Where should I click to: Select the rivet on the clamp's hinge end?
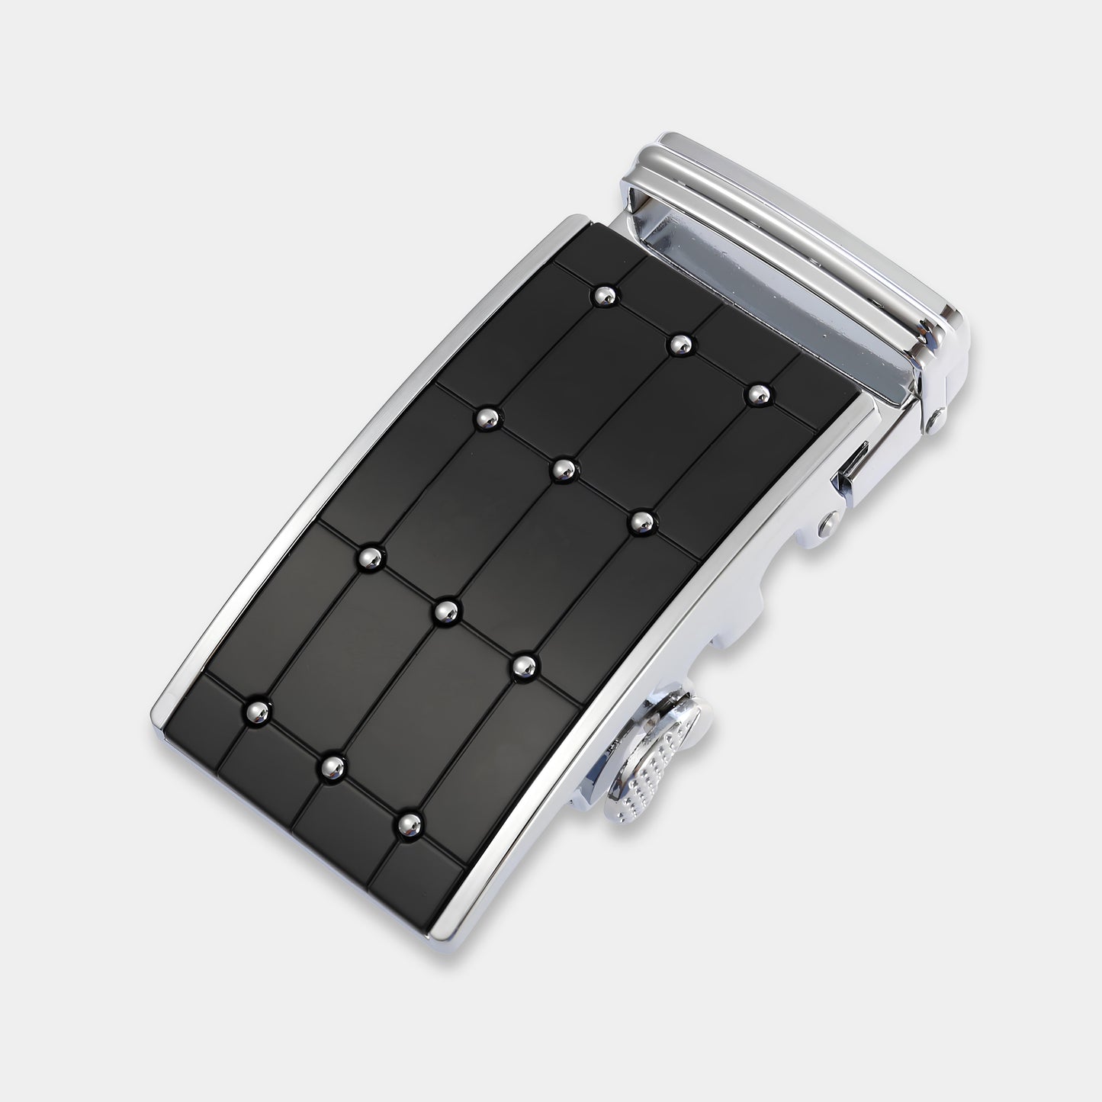pos(935,419)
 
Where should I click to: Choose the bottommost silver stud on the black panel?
pos(410,823)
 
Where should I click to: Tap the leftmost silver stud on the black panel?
pos(256,711)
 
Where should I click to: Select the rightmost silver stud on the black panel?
pos(758,394)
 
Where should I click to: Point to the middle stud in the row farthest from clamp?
pos(331,764)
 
